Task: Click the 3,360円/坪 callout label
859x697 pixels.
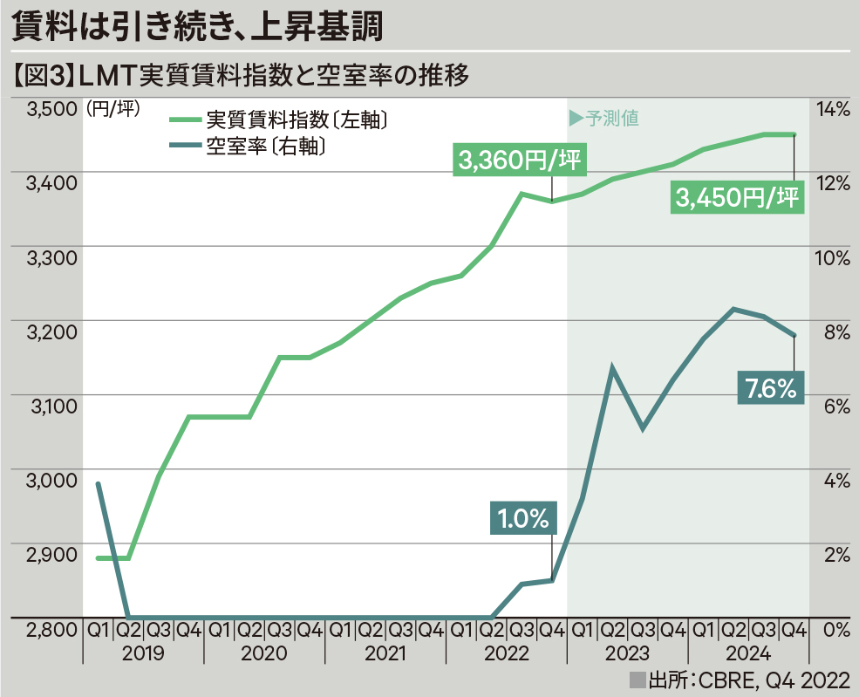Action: [x=520, y=161]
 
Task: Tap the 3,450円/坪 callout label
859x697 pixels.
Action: [x=738, y=199]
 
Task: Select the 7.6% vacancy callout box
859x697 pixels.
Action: [x=771, y=388]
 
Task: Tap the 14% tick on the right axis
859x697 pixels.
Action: [x=831, y=110]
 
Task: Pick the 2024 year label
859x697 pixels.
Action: [x=749, y=654]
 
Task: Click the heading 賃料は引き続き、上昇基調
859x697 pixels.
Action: [x=197, y=29]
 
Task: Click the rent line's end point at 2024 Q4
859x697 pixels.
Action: [x=794, y=134]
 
